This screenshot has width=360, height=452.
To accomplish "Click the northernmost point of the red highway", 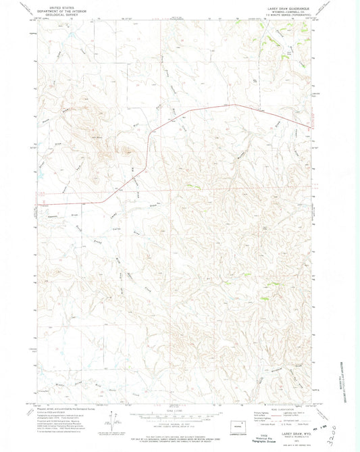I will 234,105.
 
